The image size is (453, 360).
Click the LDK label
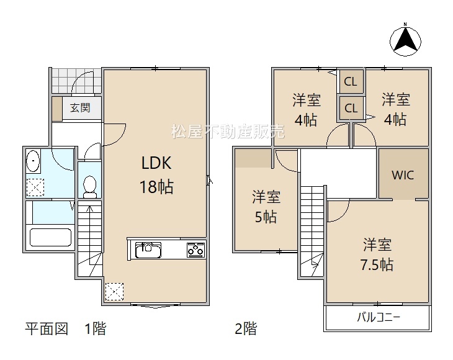pyautogui.click(x=156, y=163)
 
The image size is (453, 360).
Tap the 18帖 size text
pyautogui.click(x=156, y=187)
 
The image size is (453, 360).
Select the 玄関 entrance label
pyautogui.click(x=80, y=108)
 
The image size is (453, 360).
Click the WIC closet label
pyautogui.click(x=403, y=175)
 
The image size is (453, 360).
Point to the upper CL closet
pyautogui.click(x=351, y=82)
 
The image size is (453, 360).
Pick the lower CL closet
pyautogui.click(x=351, y=108)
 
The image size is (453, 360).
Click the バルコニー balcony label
pyautogui.click(x=379, y=317)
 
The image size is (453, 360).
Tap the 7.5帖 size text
pyautogui.click(x=377, y=264)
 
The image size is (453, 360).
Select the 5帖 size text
pyautogui.click(x=266, y=217)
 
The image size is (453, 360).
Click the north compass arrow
pyautogui.click(x=405, y=38)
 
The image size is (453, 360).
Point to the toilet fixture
pyautogui.click(x=89, y=187)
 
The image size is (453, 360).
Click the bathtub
pyautogui.click(x=50, y=237)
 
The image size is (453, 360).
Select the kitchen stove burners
pyautogui.click(x=196, y=250)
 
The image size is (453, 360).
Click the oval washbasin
pyautogui.click(x=33, y=161)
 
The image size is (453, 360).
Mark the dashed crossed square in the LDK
pyautogui.click(x=114, y=291)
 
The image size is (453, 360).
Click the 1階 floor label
pyautogui.click(x=96, y=328)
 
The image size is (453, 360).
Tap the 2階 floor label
pyautogui.click(x=246, y=328)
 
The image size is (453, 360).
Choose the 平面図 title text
pyautogui.click(x=47, y=328)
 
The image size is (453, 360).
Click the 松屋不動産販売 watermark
pyautogui.click(x=228, y=132)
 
